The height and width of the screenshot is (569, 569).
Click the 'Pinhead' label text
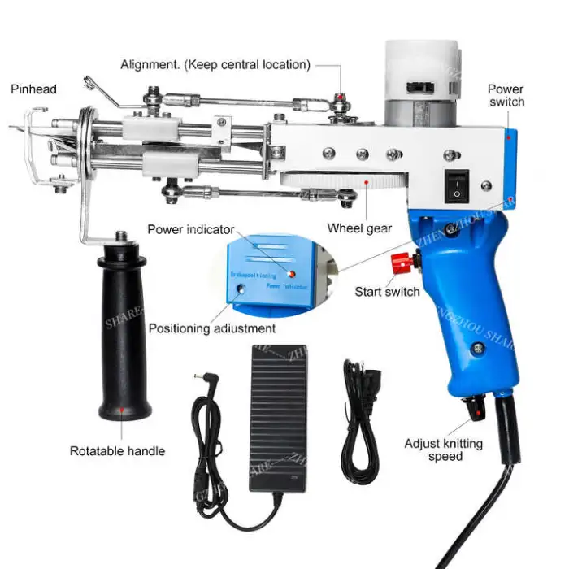[33, 89]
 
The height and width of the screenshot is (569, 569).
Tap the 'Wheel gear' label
[359, 228]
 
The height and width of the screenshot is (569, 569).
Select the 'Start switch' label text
[388, 291]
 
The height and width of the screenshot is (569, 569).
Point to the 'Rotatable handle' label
[117, 451]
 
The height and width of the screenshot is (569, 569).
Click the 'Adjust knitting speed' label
[443, 450]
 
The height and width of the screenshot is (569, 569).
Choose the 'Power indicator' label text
[190, 229]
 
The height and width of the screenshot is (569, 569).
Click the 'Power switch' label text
[506, 95]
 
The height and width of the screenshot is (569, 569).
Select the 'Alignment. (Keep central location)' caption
[215, 64]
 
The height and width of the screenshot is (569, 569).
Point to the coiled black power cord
[358, 423]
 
